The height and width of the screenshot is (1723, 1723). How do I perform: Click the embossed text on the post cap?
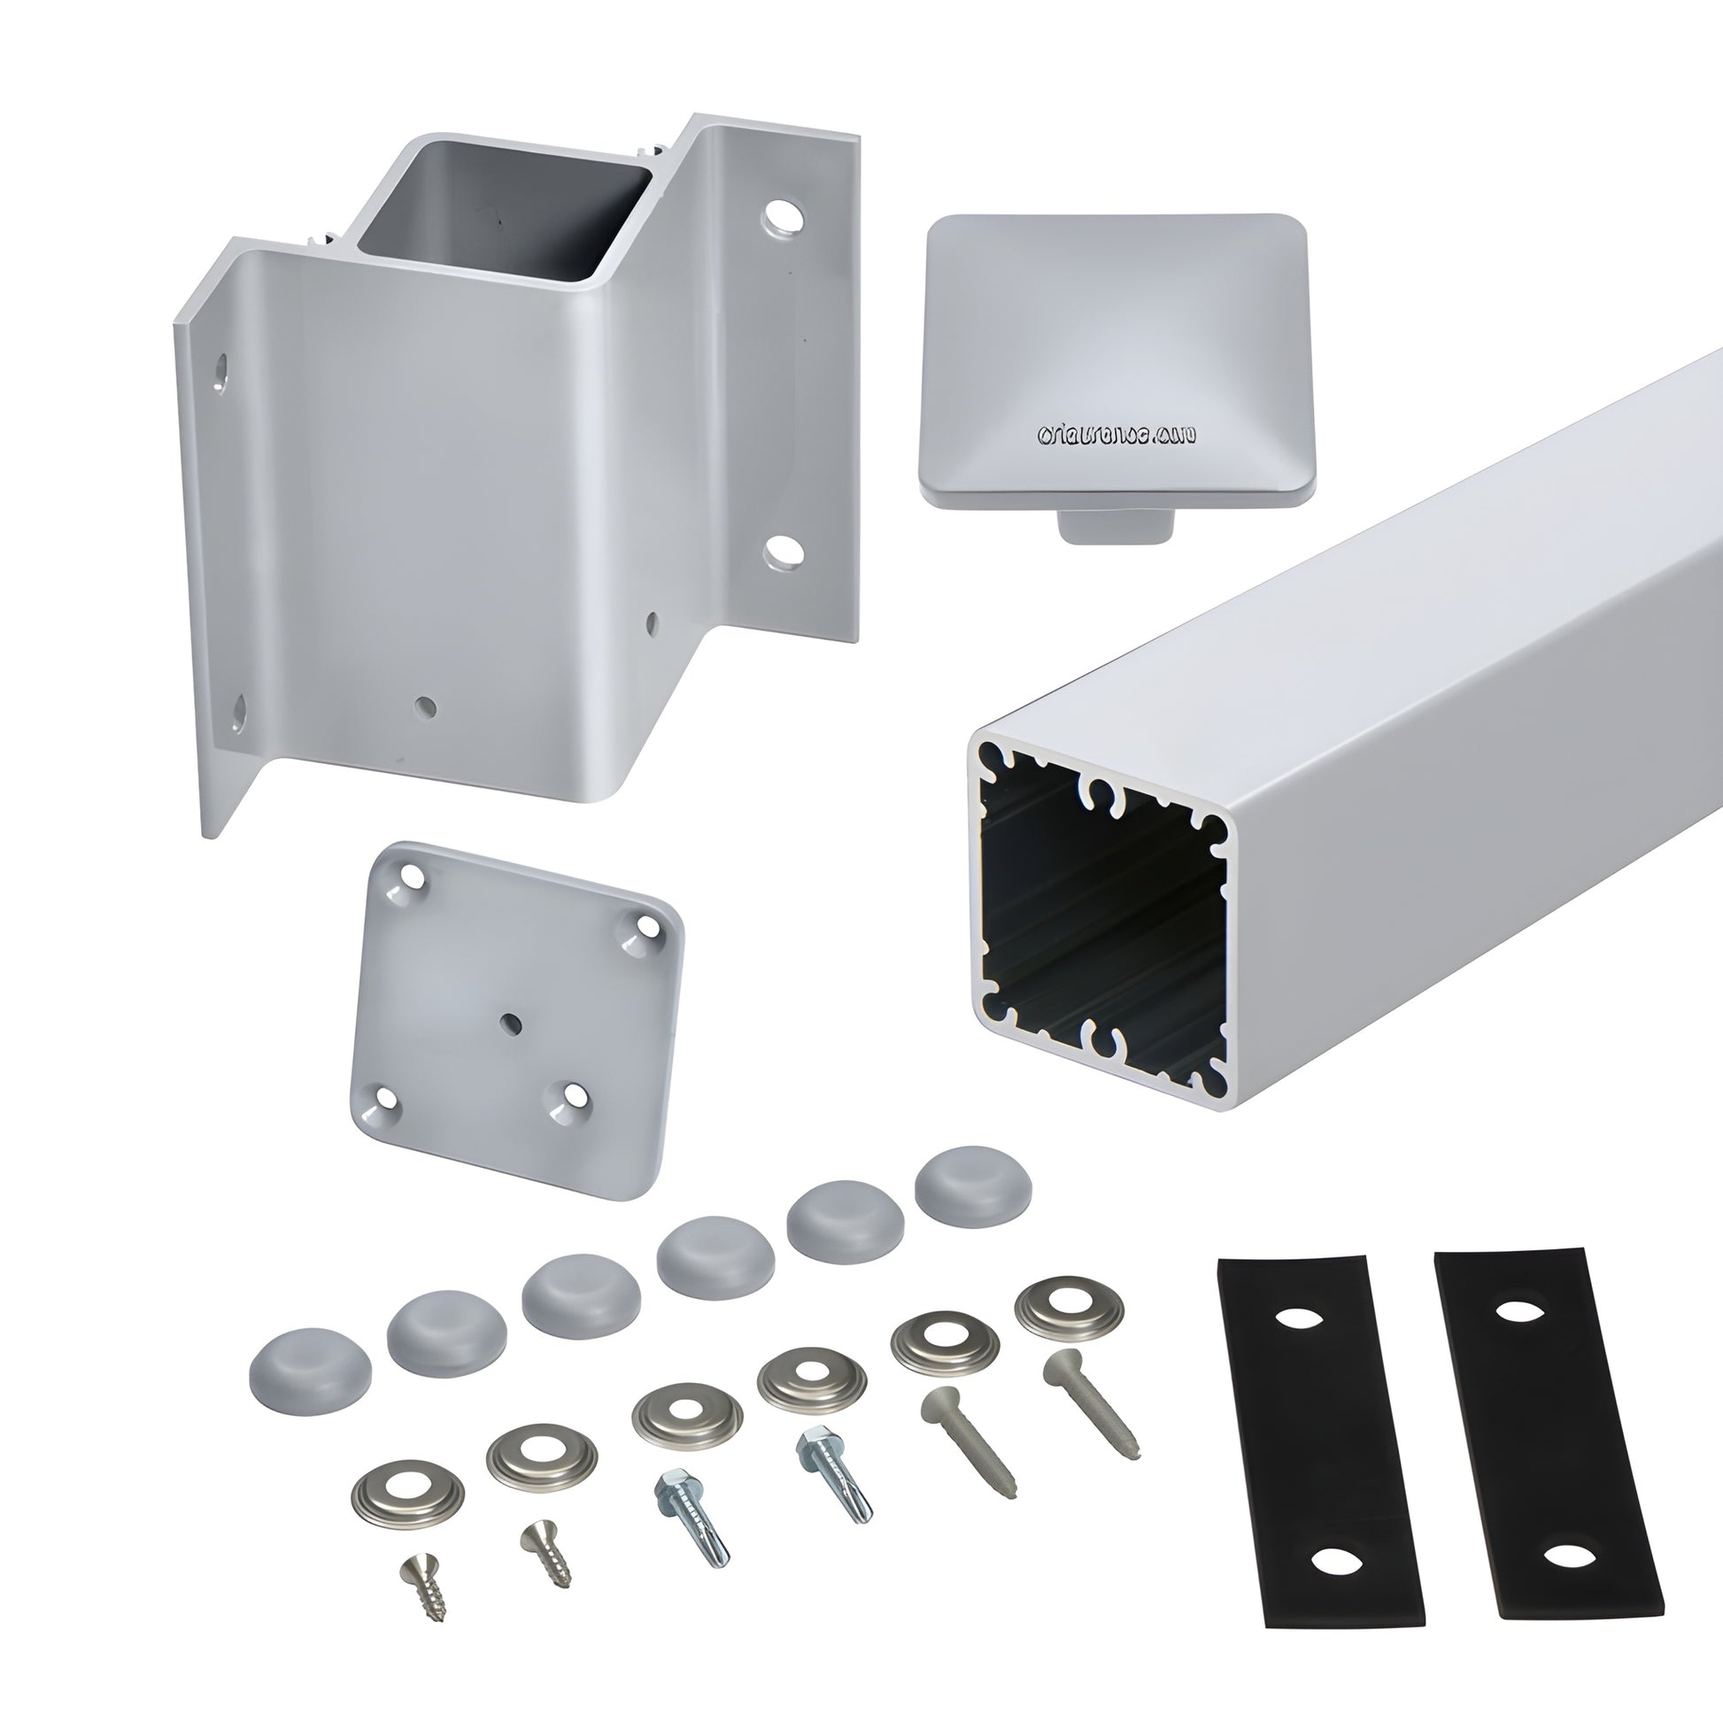click(x=1116, y=436)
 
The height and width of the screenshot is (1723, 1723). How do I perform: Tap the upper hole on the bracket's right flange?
click(x=783, y=217)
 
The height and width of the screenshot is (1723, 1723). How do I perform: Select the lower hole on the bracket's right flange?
click(x=784, y=552)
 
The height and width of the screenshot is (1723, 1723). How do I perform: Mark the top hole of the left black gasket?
click(x=1297, y=1318)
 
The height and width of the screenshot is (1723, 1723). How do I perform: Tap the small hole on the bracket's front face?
click(x=427, y=707)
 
